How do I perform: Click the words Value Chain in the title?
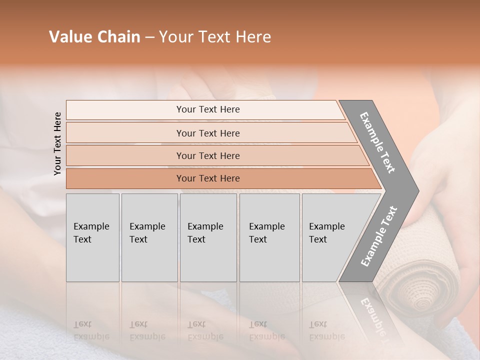94,37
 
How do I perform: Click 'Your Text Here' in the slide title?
215,37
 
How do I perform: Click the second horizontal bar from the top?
208,133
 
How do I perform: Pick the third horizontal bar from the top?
208,155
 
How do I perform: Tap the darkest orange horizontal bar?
208,178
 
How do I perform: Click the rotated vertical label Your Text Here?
57,143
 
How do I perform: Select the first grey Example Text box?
92,237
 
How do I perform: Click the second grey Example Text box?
149,237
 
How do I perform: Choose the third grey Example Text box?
207,237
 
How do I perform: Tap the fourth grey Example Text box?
269,237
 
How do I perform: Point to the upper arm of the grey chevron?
377,142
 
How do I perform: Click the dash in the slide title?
149,37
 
